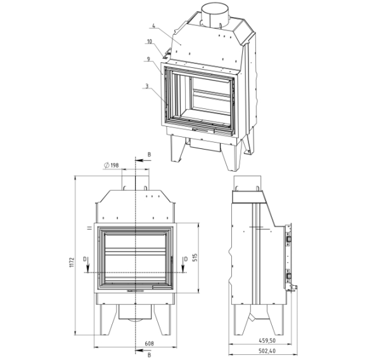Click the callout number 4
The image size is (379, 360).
click(x=154, y=25)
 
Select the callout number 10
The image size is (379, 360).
click(x=150, y=41)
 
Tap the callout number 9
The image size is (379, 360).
click(x=148, y=59)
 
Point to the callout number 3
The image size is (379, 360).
click(x=146, y=86)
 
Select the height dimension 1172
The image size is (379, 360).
click(x=72, y=262)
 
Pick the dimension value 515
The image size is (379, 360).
click(x=196, y=257)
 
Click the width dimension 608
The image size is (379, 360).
click(x=149, y=344)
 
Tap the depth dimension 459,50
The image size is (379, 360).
click(x=267, y=340)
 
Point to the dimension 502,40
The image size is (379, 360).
click(x=267, y=351)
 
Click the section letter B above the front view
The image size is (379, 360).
click(x=149, y=155)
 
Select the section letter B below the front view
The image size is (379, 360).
click(x=149, y=355)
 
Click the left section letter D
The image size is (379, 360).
click(x=84, y=259)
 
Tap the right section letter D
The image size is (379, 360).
click(x=186, y=259)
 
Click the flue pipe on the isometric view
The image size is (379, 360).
click(x=215, y=15)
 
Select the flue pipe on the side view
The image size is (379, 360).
click(x=247, y=184)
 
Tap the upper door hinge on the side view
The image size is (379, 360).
click(x=288, y=239)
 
